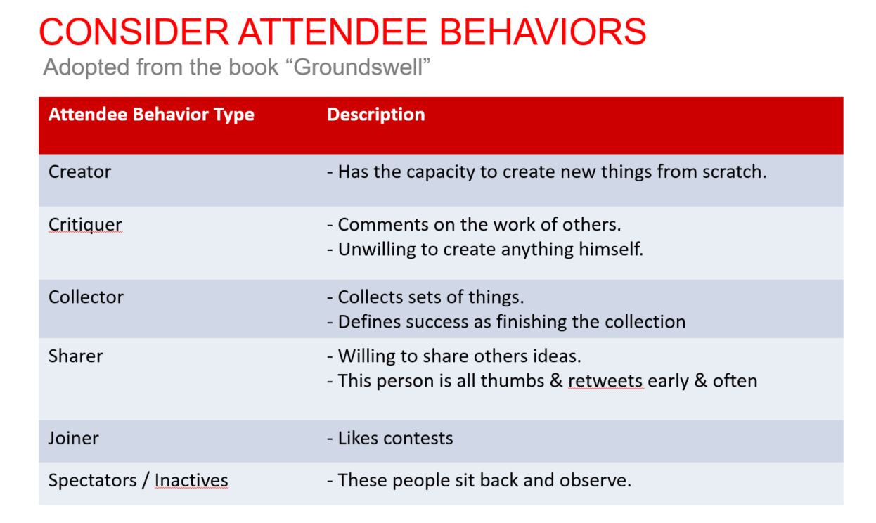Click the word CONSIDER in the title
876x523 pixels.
[x=134, y=32]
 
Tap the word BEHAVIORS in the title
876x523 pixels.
[x=543, y=32]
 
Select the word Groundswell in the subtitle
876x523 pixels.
[x=358, y=67]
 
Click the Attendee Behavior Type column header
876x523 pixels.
[x=151, y=115]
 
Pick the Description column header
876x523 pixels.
[x=376, y=115]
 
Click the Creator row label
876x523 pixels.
[x=79, y=172]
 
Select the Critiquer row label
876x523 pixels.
[x=85, y=225]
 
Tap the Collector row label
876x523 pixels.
[x=86, y=297]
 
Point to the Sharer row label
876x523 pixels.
[x=75, y=356]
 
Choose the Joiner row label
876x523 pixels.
[x=74, y=438]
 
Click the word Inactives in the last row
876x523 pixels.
[x=191, y=480]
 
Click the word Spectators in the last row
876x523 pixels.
[x=93, y=480]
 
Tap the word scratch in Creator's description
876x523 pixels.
[x=734, y=172]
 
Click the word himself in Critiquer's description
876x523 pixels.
[x=611, y=250]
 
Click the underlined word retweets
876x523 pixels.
[x=605, y=381]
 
